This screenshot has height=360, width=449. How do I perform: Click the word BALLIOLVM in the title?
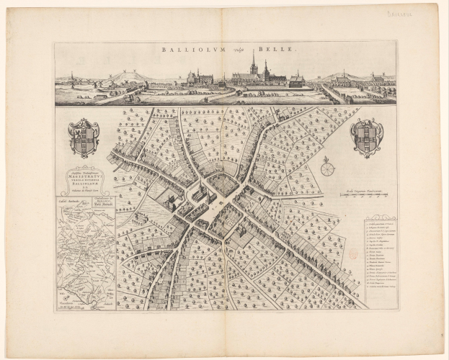pos(192,50)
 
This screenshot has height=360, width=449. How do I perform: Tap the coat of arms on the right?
pos(367,138)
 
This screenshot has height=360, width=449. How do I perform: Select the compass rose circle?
pos(328,169)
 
